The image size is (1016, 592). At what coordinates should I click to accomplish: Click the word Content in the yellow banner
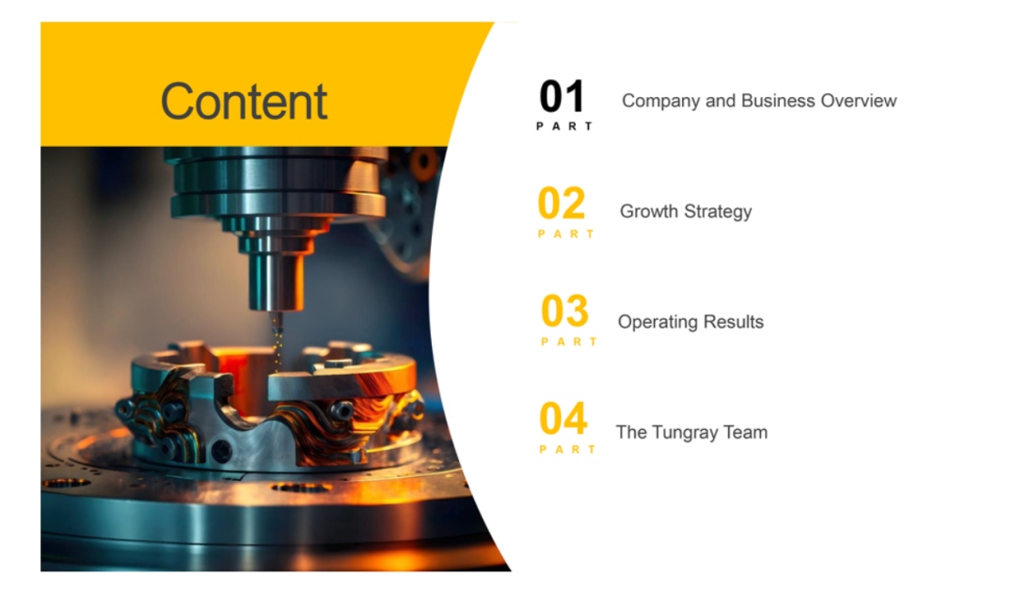[x=244, y=101]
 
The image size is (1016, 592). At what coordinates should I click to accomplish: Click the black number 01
[x=562, y=97]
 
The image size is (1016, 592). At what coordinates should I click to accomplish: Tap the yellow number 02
[x=562, y=203]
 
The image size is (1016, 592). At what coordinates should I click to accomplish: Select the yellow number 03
[x=565, y=312]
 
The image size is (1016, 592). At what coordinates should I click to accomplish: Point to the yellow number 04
[x=564, y=419]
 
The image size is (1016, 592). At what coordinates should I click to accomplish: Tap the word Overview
[x=859, y=101]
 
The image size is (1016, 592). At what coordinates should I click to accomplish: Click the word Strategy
[x=718, y=212]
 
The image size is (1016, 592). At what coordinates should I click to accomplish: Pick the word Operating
[x=658, y=322]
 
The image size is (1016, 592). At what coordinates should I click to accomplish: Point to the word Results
[x=734, y=322]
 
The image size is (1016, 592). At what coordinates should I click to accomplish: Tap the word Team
[x=746, y=432]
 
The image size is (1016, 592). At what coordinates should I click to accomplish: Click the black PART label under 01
[x=564, y=126]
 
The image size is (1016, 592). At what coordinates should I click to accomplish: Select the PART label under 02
[x=566, y=234]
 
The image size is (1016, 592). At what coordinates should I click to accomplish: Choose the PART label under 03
[x=569, y=342]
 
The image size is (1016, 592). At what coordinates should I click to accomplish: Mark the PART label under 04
[x=567, y=449]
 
